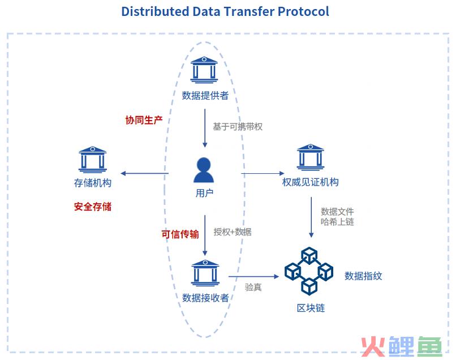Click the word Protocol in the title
(303, 11)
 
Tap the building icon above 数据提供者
(204, 70)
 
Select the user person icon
(204, 170)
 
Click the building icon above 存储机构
(92, 159)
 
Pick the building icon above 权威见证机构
(310, 157)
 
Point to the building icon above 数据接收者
(205, 273)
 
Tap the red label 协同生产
(144, 120)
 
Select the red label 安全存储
(93, 207)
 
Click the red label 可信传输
(180, 234)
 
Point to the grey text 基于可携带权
(238, 127)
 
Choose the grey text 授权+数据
(233, 232)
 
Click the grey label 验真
(253, 287)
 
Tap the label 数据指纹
(363, 276)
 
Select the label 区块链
(311, 308)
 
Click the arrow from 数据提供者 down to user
(205, 128)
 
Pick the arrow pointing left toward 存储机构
(144, 173)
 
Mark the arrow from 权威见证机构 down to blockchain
(311, 217)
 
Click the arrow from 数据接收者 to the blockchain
(253, 276)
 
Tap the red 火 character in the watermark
(373, 346)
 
